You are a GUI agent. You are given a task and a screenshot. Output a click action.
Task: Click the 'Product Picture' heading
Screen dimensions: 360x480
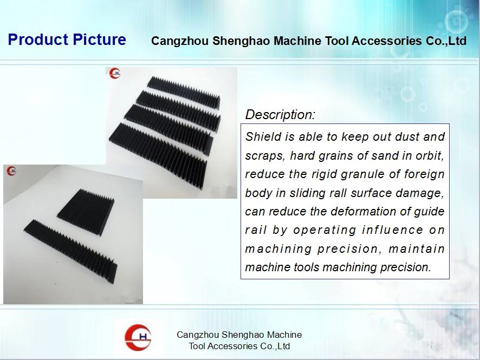[67, 40]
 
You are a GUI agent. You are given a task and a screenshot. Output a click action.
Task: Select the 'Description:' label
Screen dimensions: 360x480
[280, 115]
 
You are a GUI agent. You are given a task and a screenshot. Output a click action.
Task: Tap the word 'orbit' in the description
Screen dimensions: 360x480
[429, 156]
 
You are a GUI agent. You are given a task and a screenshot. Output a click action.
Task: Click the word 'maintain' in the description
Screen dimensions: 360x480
[417, 249]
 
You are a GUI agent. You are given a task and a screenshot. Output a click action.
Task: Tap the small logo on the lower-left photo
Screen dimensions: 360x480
[11, 171]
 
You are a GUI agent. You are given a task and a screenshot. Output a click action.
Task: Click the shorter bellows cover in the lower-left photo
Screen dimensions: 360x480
[86, 206]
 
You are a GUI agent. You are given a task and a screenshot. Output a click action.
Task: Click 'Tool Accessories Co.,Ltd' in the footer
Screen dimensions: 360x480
[239, 346]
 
